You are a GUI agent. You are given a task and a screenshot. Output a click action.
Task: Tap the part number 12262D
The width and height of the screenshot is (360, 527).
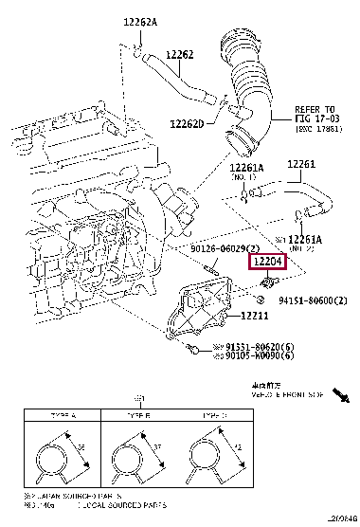(x=190, y=124)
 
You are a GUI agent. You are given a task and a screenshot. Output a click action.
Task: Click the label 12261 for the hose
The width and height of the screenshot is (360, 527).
(x=300, y=164)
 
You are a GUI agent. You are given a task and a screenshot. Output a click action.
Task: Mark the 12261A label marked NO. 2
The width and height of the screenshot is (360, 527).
(x=307, y=239)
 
